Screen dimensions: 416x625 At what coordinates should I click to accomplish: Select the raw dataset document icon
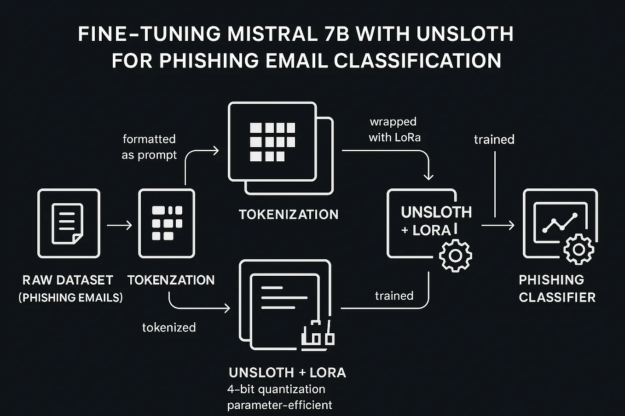tap(68, 224)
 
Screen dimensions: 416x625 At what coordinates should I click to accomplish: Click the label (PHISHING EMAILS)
tap(70, 298)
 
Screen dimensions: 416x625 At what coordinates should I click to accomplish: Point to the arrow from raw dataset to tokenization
tap(119, 225)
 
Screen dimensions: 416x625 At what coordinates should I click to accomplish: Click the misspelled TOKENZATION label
tap(171, 280)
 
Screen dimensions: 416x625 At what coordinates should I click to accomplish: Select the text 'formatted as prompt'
tap(149, 147)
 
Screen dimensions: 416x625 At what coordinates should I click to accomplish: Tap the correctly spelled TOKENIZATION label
tap(289, 214)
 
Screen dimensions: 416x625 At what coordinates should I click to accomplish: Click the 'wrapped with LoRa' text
tap(394, 130)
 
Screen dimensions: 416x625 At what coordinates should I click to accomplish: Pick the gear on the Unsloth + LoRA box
tap(455, 256)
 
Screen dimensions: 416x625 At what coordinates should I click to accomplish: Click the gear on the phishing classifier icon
tap(579, 250)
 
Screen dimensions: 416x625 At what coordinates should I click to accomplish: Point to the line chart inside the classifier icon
tap(559, 222)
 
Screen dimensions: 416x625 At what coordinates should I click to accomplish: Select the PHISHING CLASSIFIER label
tap(557, 289)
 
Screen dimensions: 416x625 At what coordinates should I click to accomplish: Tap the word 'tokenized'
tap(169, 327)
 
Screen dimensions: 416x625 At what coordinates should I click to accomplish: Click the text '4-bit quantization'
tap(276, 389)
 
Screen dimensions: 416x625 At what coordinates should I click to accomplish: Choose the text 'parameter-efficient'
tap(279, 405)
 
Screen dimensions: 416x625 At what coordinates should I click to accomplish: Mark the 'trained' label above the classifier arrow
tap(494, 139)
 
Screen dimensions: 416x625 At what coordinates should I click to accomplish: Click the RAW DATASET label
tap(68, 280)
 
